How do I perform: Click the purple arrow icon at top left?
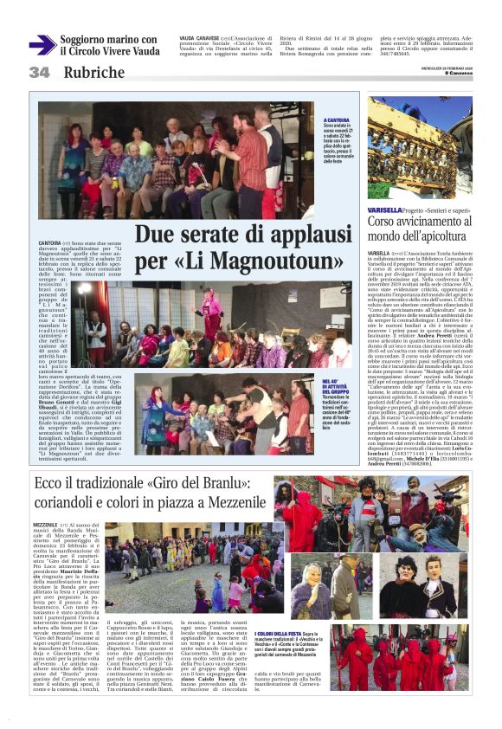click(42, 45)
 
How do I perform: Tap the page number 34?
click(40, 73)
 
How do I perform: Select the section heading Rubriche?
click(94, 74)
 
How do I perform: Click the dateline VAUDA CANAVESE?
click(198, 39)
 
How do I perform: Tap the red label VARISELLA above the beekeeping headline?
click(384, 210)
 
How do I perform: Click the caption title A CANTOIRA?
click(337, 120)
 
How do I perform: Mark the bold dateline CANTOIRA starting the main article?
click(49, 243)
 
